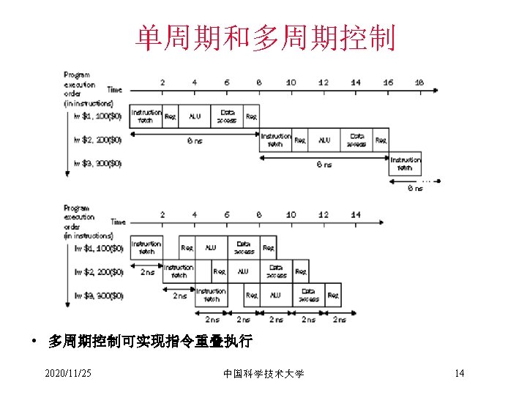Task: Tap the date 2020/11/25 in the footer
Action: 68,374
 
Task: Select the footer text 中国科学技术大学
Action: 263,374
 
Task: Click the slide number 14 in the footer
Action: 459,374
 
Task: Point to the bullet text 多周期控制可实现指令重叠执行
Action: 150,342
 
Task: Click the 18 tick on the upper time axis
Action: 419,83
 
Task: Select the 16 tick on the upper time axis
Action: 387,83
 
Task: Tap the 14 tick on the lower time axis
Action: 356,215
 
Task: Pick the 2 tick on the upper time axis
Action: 162,83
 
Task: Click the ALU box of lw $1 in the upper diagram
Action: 195,116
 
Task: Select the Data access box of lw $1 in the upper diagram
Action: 227,116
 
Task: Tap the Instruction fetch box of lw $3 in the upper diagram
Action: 405,163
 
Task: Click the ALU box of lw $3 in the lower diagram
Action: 275,296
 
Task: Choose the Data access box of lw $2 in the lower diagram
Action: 276,271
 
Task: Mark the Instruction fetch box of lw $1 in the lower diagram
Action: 146,248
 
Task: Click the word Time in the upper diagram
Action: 115,89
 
